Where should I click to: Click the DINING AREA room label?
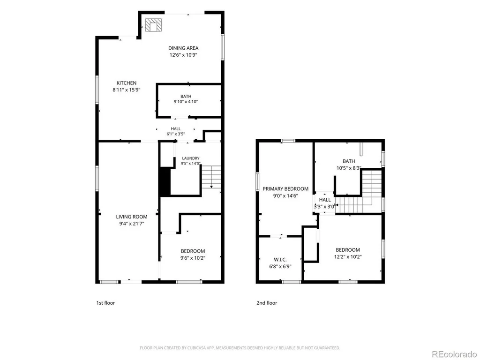tap(183, 48)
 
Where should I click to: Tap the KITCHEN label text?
tap(127, 83)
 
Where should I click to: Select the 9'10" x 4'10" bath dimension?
tap(186, 102)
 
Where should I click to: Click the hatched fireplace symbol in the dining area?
tap(153, 25)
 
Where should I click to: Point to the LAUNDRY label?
tap(191, 158)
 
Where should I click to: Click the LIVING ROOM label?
tap(132, 217)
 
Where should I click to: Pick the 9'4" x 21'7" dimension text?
tap(132, 224)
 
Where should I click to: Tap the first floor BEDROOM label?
tap(193, 251)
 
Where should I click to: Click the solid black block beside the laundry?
tap(165, 181)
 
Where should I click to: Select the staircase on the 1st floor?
tap(211, 177)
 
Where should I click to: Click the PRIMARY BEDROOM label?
tap(285, 189)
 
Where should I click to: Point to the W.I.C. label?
tap(280, 260)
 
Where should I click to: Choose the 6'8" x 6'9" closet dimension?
tap(280, 267)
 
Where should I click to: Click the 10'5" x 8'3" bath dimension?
tap(349, 168)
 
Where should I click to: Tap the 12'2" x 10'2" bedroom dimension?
tap(348, 257)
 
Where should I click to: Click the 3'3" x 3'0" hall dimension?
tap(324, 207)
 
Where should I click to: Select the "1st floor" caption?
tap(105, 303)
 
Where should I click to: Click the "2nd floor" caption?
tap(267, 303)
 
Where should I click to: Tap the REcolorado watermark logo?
tap(454, 354)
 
